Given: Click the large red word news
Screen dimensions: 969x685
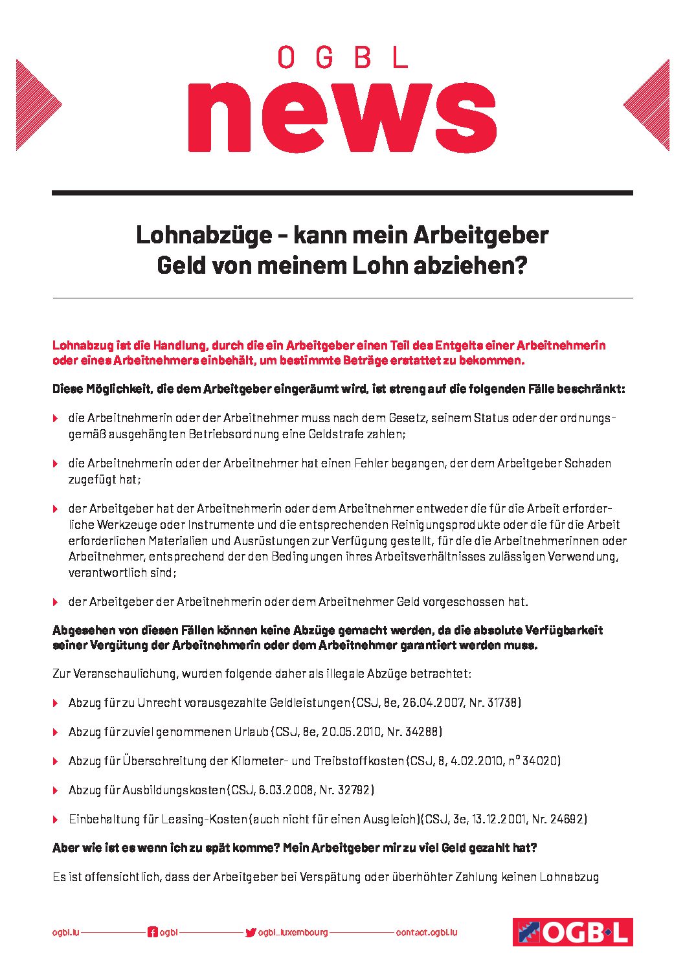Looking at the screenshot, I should [342, 116].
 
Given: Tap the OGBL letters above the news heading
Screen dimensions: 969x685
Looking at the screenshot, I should [342, 57].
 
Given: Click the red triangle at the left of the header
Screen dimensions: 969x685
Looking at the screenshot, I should [36, 105].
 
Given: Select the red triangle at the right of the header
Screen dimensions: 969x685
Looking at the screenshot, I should [649, 105].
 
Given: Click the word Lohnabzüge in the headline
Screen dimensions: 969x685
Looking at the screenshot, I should [204, 235].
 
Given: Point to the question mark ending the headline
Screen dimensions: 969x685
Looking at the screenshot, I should [521, 265].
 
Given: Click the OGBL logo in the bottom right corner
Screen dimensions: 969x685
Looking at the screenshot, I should [572, 932].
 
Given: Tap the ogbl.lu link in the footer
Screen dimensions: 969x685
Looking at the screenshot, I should [65, 933].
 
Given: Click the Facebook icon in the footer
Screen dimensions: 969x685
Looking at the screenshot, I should [153, 933].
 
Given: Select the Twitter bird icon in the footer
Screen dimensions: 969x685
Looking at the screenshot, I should [251, 933].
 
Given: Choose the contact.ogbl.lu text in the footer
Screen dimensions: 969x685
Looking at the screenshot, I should [427, 933].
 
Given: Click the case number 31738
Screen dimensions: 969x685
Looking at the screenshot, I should [501, 703].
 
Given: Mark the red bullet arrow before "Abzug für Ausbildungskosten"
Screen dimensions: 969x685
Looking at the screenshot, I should [56, 790].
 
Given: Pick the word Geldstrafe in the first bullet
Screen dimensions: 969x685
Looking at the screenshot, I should [337, 434].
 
